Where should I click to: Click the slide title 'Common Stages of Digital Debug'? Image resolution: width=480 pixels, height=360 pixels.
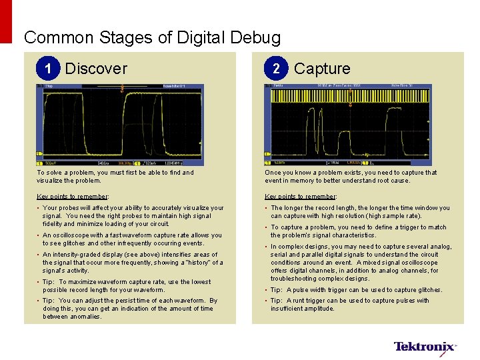[x=152, y=37]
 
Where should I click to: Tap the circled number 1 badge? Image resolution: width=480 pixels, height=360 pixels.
[x=47, y=69]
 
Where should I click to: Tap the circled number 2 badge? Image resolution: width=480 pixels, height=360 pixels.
[x=275, y=69]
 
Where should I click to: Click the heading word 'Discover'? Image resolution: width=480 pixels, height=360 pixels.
[x=96, y=69]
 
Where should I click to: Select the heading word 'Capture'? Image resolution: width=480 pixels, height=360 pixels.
[x=322, y=69]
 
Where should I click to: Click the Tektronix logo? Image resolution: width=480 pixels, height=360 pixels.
[x=425, y=347]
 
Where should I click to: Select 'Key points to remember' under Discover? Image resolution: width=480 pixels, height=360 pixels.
[x=73, y=197]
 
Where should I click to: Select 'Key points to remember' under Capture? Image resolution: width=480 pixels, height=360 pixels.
[x=301, y=197]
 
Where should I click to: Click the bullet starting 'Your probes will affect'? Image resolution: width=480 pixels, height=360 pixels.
[x=133, y=216]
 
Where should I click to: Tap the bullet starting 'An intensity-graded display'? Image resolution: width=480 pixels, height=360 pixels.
[x=133, y=263]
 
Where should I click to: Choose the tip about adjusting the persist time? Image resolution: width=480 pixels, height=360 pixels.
[x=130, y=309]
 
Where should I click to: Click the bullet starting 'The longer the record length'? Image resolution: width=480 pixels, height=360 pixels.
[x=360, y=212]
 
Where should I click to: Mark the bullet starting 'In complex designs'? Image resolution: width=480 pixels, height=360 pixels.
[x=361, y=263]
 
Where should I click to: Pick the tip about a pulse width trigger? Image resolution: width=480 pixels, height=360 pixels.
[x=357, y=290]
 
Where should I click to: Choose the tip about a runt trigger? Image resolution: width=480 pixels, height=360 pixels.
[x=350, y=305]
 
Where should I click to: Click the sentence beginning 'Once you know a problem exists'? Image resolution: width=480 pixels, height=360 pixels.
[x=351, y=176]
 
